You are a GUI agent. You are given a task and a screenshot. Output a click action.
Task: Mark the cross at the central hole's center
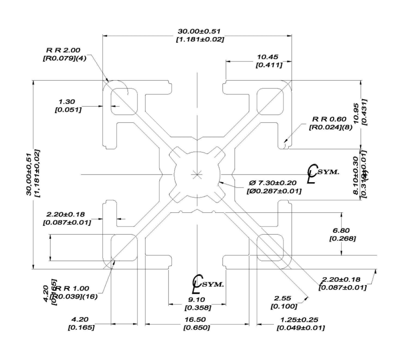click(x=197, y=175)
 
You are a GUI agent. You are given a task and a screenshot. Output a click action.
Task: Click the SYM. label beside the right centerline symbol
click(x=329, y=171)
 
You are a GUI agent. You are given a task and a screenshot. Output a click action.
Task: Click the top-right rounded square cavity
click(x=270, y=101)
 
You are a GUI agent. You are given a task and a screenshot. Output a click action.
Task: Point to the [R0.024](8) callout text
click(x=330, y=127)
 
